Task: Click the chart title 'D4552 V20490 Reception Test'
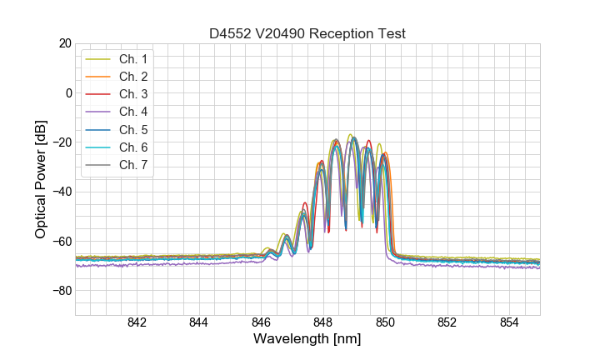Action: (x=307, y=33)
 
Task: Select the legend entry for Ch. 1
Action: (x=132, y=59)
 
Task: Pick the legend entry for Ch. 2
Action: (x=132, y=77)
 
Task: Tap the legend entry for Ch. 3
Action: (x=132, y=94)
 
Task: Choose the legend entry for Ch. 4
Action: (x=132, y=112)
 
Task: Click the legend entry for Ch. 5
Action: (x=132, y=129)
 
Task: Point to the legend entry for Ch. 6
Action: (x=132, y=147)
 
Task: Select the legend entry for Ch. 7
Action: (x=132, y=164)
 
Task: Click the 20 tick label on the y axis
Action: (x=64, y=43)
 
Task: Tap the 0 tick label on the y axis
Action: (x=67, y=92)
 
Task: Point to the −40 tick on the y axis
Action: (x=60, y=192)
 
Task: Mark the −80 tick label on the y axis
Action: (x=60, y=291)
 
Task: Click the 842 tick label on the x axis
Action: (x=137, y=323)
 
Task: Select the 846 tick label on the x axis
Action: (x=261, y=323)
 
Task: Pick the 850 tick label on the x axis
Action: (x=385, y=323)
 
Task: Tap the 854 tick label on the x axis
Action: (x=509, y=323)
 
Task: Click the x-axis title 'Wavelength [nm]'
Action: (x=307, y=340)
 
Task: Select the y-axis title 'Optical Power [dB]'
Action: (x=41, y=179)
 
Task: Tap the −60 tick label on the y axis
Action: (x=60, y=241)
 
